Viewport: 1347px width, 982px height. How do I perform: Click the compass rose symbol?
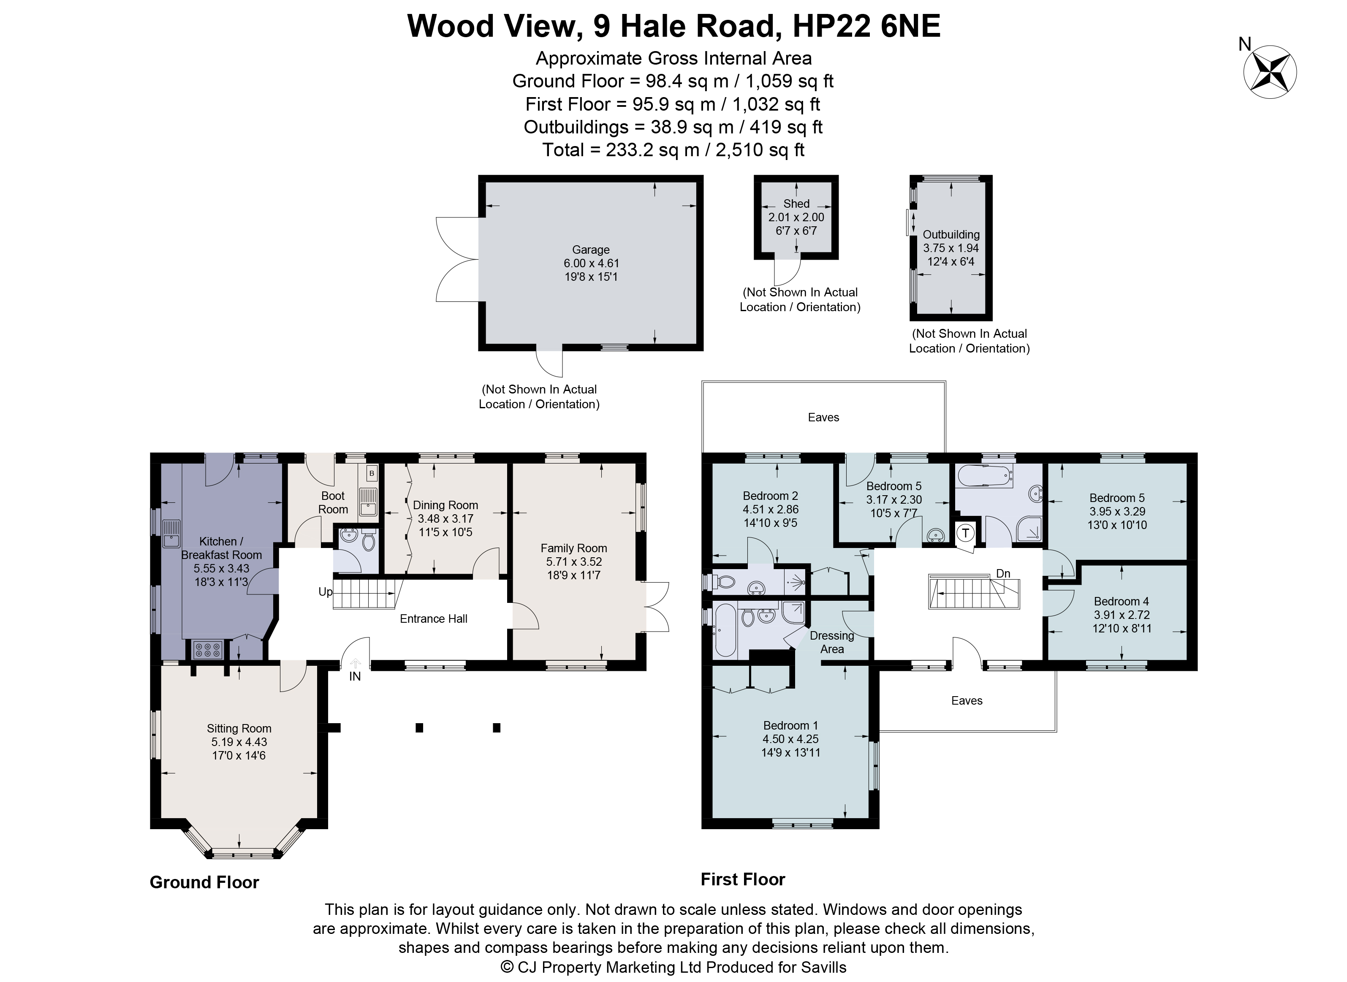1270,72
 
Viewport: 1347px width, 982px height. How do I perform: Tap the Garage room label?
590,250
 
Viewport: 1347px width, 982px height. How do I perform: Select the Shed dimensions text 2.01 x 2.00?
796,217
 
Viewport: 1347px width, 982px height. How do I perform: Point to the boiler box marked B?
372,474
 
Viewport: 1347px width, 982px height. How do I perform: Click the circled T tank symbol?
965,533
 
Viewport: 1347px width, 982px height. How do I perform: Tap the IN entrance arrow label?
355,676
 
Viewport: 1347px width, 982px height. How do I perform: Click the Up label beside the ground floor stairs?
325,592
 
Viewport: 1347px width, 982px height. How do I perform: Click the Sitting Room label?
239,729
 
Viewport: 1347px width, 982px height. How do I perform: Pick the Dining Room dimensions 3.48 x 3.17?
445,519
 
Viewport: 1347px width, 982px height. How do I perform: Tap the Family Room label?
573,548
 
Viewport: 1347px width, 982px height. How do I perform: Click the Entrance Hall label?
433,619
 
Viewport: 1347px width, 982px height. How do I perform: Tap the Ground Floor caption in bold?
204,882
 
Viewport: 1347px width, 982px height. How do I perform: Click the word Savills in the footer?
823,968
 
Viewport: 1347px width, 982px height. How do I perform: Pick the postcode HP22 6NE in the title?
867,27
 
